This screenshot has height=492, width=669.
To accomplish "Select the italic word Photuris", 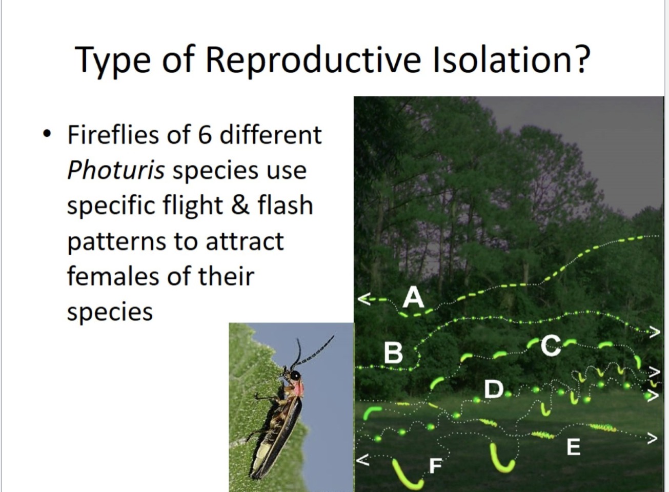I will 115,170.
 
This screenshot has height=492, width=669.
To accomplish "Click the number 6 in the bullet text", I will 205,135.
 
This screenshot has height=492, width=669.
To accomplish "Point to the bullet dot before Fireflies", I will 48,134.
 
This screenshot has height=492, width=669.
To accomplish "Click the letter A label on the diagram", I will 413,297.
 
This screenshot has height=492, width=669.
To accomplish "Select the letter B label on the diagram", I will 393,353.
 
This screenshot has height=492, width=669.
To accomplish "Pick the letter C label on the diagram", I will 551,346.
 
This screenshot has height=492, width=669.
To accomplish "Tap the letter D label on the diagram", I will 494,389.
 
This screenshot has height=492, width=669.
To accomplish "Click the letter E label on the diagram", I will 573,447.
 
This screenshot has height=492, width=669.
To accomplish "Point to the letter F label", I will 435,465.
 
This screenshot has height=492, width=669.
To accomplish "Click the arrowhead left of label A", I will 363,299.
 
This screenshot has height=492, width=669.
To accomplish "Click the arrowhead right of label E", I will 652,438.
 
